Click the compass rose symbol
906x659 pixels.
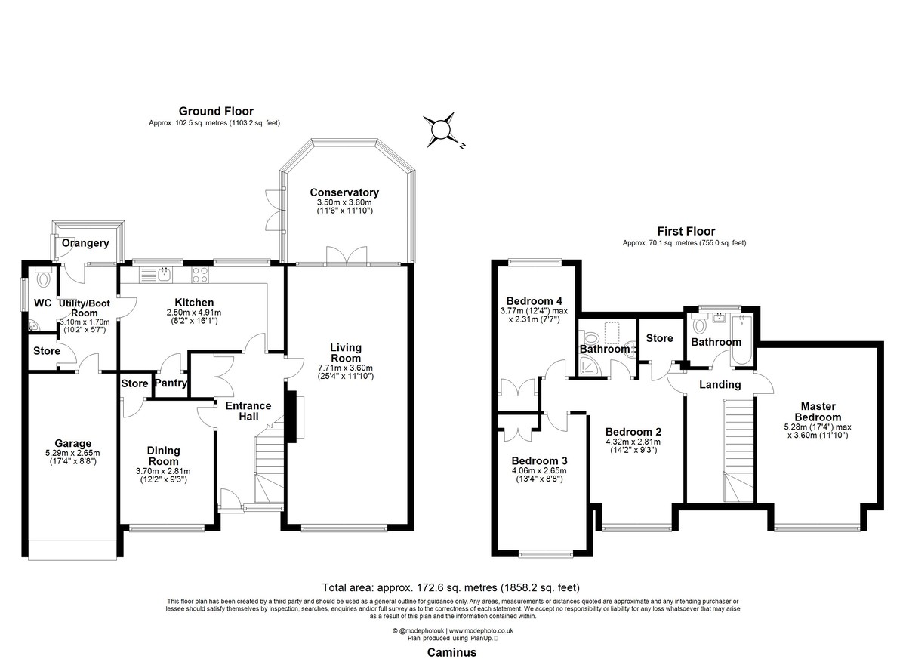(x=440, y=130)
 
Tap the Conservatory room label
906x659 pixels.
(x=344, y=192)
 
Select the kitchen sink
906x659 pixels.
(x=156, y=275)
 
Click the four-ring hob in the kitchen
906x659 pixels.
(x=200, y=275)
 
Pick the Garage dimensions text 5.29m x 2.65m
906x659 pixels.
(x=72, y=453)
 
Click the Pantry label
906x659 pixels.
(x=171, y=383)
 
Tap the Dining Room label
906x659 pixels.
(x=163, y=456)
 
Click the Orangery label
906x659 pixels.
(x=85, y=243)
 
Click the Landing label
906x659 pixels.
(x=720, y=384)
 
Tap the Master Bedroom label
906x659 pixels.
(x=818, y=411)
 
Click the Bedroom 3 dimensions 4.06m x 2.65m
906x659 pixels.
(x=539, y=470)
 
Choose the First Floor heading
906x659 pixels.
(x=686, y=231)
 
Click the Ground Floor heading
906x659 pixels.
(x=216, y=111)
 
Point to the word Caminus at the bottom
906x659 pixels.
(x=451, y=652)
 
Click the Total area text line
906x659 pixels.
(x=451, y=587)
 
